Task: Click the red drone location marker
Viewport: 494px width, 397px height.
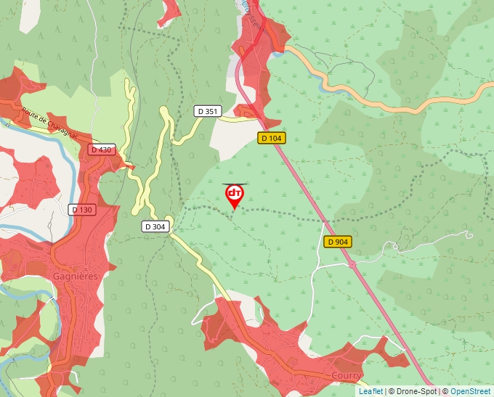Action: (235, 195)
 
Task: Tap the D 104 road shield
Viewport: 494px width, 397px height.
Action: (270, 138)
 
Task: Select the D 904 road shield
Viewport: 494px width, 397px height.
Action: (338, 242)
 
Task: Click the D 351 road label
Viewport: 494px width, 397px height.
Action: (208, 111)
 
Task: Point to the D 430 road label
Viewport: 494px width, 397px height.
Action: (102, 150)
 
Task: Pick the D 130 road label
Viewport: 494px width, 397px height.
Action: (83, 210)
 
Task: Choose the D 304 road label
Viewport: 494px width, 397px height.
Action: (155, 226)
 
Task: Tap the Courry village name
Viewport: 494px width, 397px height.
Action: (347, 376)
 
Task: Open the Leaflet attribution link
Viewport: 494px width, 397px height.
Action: (370, 391)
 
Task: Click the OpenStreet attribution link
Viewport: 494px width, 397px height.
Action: (470, 391)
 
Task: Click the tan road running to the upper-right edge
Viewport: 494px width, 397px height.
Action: (436, 97)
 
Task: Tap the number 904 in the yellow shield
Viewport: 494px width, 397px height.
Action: (341, 242)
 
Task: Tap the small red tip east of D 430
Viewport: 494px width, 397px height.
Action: (131, 167)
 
